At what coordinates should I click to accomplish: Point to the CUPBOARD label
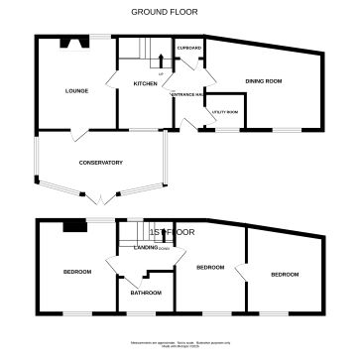coord(189,48)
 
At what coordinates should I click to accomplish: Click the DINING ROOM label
coord(264,80)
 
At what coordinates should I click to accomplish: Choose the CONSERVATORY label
coord(100,163)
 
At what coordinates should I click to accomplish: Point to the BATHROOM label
coord(146,293)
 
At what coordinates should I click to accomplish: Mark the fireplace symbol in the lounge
coord(70,43)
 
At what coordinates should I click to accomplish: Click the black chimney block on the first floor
coord(72,226)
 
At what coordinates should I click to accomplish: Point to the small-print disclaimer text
coord(180,344)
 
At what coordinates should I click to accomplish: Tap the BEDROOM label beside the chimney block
coord(77,272)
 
